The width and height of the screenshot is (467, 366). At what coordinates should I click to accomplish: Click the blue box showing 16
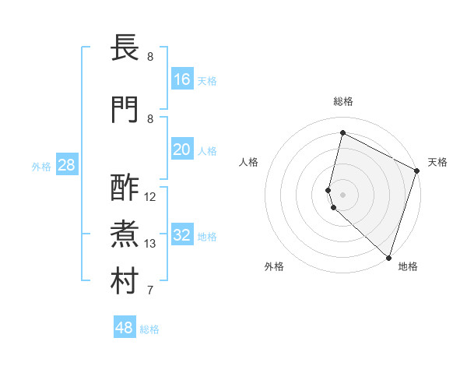pyautogui.click(x=182, y=79)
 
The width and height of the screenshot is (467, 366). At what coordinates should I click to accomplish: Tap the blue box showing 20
pyautogui.click(x=182, y=150)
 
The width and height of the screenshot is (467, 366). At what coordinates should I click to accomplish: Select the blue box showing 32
pyautogui.click(x=182, y=235)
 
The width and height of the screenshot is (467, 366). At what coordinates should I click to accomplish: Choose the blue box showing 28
pyautogui.click(x=66, y=165)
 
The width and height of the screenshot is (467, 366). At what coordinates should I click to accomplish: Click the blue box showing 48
pyautogui.click(x=125, y=328)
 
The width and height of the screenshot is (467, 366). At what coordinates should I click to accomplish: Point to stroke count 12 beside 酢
pyautogui.click(x=150, y=197)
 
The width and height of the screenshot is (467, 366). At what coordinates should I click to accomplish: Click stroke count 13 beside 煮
pyautogui.click(x=150, y=244)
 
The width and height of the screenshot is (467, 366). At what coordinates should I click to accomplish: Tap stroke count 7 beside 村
pyautogui.click(x=150, y=290)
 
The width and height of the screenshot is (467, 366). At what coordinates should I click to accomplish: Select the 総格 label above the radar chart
pyautogui.click(x=342, y=101)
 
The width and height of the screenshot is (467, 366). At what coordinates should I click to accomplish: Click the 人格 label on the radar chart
pyautogui.click(x=248, y=161)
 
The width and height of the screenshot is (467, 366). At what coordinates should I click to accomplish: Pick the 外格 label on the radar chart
pyautogui.click(x=274, y=266)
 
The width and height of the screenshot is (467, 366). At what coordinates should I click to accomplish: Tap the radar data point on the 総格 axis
pyautogui.click(x=342, y=132)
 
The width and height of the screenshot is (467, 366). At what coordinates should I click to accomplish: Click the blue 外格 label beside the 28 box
pyautogui.click(x=41, y=166)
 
